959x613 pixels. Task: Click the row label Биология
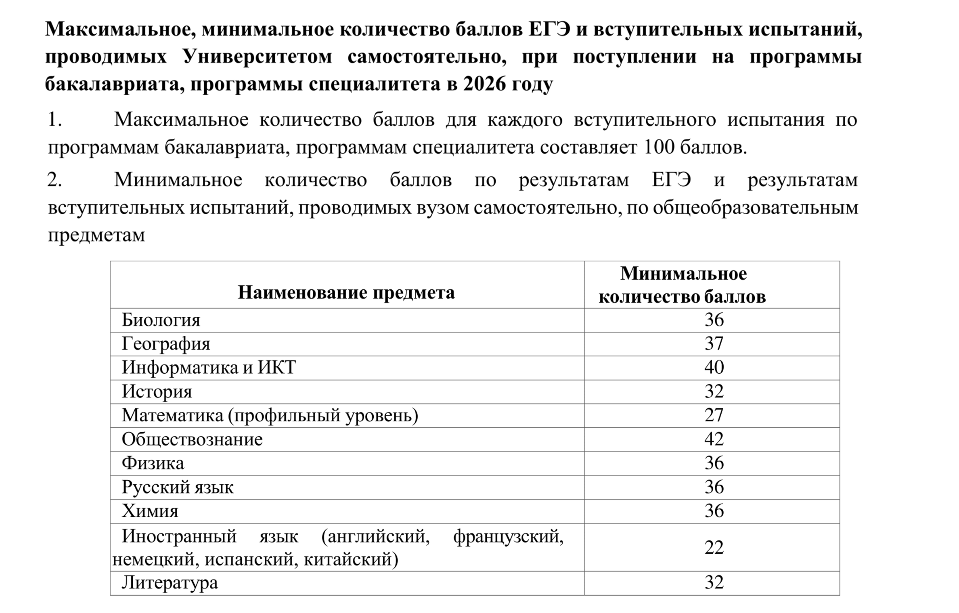[161, 320]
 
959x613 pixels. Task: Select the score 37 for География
[714, 344]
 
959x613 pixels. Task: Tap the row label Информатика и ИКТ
[209, 368]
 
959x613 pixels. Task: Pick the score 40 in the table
[714, 368]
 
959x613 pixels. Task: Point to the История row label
[157, 391]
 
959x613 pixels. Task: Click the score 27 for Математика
[714, 415]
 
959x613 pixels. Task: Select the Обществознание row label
[192, 439]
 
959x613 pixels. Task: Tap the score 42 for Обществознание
[714, 439]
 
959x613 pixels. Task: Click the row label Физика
[153, 463]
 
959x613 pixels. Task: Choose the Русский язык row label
[178, 487]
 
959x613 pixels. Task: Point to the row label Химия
[150, 511]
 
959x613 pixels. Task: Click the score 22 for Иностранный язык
[714, 547]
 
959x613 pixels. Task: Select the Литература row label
[170, 583]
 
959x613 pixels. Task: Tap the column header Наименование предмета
[346, 292]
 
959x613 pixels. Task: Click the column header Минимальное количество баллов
[683, 285]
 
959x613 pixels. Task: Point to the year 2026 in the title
[484, 84]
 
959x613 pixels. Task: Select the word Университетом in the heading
[257, 57]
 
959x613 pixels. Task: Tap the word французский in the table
[508, 537]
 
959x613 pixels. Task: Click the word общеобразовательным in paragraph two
[755, 208]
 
